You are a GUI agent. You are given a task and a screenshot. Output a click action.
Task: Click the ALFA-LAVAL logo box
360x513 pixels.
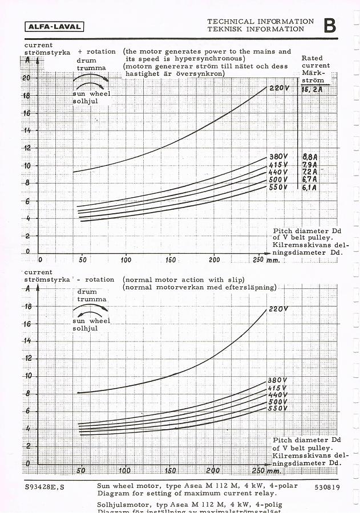(x=55, y=26)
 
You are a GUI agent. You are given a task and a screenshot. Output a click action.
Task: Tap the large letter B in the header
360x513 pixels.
(x=330, y=26)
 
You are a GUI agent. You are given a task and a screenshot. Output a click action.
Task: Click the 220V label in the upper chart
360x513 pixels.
(x=280, y=88)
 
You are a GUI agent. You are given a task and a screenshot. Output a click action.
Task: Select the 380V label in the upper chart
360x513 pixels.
(x=279, y=157)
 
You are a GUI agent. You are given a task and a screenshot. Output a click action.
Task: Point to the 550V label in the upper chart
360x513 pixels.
(x=278, y=187)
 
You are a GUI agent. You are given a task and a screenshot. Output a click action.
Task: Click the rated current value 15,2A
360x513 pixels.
(x=313, y=89)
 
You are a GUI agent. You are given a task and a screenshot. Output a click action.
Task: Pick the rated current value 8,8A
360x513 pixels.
(x=310, y=157)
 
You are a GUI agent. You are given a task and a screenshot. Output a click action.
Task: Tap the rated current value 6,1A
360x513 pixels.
(x=310, y=187)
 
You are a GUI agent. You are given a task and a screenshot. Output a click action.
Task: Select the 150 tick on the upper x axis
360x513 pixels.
(x=170, y=259)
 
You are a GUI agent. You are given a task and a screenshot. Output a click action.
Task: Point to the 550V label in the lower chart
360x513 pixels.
(x=277, y=408)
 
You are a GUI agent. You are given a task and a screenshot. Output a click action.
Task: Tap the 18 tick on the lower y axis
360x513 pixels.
(x=26, y=306)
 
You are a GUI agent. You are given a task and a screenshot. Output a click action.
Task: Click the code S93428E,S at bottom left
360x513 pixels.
(x=45, y=488)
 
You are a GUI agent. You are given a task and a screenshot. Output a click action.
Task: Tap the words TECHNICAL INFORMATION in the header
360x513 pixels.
(x=261, y=21)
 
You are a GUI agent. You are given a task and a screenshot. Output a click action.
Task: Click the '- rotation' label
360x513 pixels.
(x=96, y=279)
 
